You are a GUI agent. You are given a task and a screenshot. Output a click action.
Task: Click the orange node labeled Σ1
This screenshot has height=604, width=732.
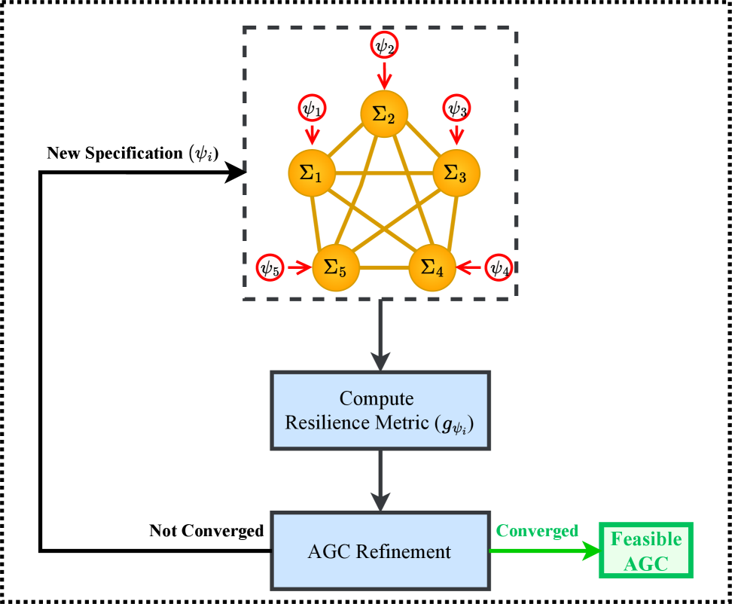point(311,173)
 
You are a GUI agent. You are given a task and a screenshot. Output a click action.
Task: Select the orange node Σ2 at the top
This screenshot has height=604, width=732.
point(384,114)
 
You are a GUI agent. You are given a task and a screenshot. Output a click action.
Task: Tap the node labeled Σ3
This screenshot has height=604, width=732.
point(456,173)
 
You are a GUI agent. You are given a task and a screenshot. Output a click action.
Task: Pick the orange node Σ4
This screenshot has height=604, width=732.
point(432,267)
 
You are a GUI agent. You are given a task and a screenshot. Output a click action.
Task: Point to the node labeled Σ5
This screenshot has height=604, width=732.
point(336,267)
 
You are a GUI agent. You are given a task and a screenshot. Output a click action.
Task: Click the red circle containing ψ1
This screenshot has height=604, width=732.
point(311,108)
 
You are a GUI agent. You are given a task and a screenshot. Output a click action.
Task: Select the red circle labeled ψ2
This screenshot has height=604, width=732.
point(384,46)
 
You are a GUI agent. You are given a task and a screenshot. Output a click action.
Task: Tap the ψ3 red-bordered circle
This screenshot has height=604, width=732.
point(456,108)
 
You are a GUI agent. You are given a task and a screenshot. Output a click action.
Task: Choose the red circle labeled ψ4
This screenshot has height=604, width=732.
point(498,267)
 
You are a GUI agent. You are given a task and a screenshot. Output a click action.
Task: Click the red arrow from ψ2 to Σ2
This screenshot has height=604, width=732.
point(384,75)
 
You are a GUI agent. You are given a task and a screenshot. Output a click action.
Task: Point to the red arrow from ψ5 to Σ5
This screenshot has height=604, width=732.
point(299,267)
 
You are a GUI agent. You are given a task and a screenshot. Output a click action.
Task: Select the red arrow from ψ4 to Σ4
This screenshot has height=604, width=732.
point(470,267)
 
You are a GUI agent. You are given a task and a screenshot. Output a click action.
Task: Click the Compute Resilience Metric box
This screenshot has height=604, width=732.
point(380,410)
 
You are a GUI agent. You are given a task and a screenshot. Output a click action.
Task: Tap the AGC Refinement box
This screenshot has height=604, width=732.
point(380,551)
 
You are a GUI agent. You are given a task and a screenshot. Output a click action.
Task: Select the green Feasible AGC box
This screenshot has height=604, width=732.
point(645,551)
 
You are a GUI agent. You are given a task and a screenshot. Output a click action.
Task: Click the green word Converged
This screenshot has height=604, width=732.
point(537,531)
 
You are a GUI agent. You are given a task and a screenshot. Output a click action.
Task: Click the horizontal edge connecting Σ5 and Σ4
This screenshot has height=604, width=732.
point(384,268)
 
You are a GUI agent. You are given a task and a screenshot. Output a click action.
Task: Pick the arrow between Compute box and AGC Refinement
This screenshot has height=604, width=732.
point(380,480)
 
